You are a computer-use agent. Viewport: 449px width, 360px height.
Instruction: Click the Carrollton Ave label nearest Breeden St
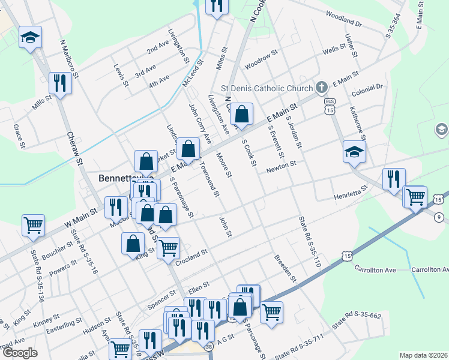tap(375, 269)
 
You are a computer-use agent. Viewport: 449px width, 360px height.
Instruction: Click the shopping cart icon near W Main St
tap(33, 225)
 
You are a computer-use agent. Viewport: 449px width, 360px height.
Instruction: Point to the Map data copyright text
tap(423, 355)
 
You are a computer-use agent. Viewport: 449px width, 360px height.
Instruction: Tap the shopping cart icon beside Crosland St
tap(169, 247)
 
